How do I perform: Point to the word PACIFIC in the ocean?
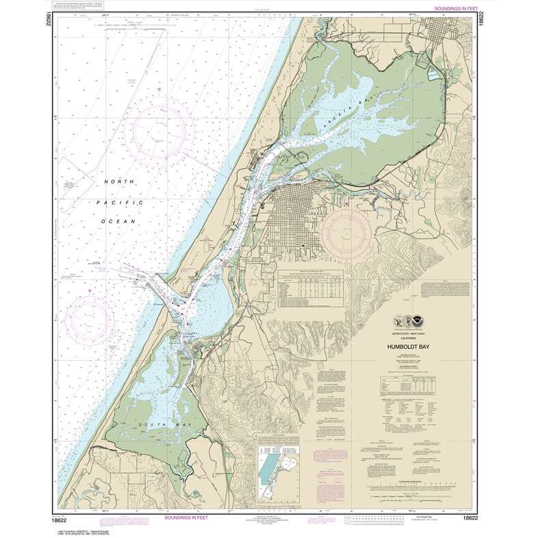(x=123, y=203)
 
